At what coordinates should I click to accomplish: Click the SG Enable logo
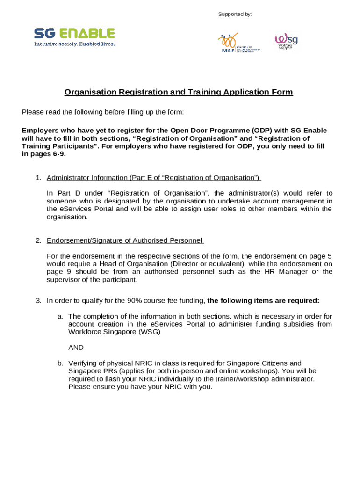(x=74, y=34)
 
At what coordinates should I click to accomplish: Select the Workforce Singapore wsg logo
(x=286, y=41)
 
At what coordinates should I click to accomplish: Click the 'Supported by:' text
(x=235, y=15)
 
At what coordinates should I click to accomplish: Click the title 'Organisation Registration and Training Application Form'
(x=179, y=92)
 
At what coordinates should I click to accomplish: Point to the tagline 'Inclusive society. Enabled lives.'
(x=74, y=44)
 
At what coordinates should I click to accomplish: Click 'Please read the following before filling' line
(x=103, y=112)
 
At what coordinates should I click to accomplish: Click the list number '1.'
(x=39, y=178)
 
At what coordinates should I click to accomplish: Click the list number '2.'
(x=39, y=240)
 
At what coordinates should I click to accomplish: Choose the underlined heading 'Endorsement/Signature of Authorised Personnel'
(x=124, y=240)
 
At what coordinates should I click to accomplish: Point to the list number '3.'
(x=39, y=300)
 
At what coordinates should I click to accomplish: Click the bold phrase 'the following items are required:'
(x=263, y=300)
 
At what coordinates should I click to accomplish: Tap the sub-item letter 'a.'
(x=60, y=316)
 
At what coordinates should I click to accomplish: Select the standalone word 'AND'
(x=76, y=348)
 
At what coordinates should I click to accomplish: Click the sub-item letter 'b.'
(x=60, y=363)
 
